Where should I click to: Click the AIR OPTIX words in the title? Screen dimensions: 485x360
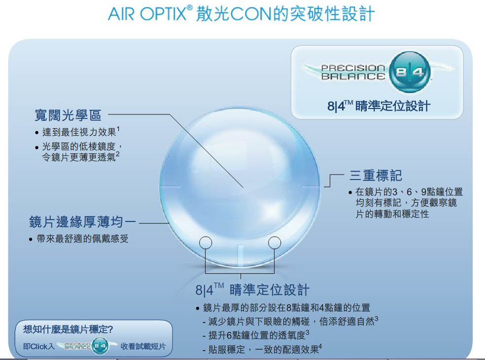pyautogui.click(x=146, y=14)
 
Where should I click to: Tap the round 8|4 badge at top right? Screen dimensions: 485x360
pyautogui.click(x=410, y=72)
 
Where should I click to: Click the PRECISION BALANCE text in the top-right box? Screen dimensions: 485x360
pyautogui.click(x=353, y=72)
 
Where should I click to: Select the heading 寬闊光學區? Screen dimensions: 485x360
pyautogui.click(x=68, y=115)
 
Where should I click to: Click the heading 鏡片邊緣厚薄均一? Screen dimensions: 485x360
pyautogui.click(x=82, y=222)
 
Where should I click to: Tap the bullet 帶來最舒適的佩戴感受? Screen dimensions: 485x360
pyautogui.click(x=82, y=239)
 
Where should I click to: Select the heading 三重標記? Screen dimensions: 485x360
pyautogui.click(x=376, y=176)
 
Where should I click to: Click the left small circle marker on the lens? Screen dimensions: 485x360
pyautogui.click(x=206, y=243)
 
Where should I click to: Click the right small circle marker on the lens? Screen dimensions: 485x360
pyautogui.click(x=275, y=243)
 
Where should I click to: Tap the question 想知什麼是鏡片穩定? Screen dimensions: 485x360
pyautogui.click(x=68, y=329)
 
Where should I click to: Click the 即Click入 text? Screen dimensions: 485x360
pyautogui.click(x=39, y=346)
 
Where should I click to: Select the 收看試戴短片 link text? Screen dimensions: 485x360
pyautogui.click(x=143, y=346)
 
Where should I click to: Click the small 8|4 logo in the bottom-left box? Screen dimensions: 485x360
pyautogui.click(x=101, y=346)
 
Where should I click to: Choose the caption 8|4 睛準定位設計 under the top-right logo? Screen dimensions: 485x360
pyautogui.click(x=379, y=106)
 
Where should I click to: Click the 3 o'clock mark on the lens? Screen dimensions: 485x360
pyautogui.click(x=311, y=187)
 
